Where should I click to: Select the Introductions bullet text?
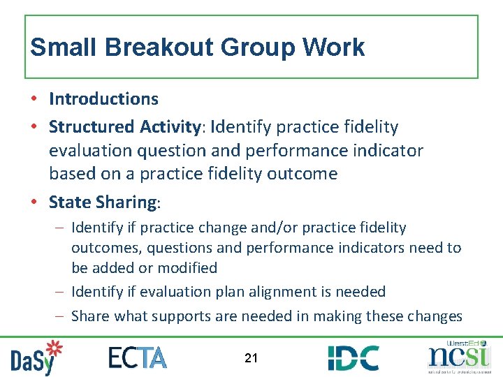tap(103, 99)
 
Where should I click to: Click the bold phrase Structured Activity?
tap(124, 127)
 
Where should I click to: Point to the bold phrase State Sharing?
tap(103, 202)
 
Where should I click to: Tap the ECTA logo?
tap(138, 357)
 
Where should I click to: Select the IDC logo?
tap(353, 357)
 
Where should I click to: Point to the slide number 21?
tap(251, 358)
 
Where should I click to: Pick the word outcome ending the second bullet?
tap(303, 174)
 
